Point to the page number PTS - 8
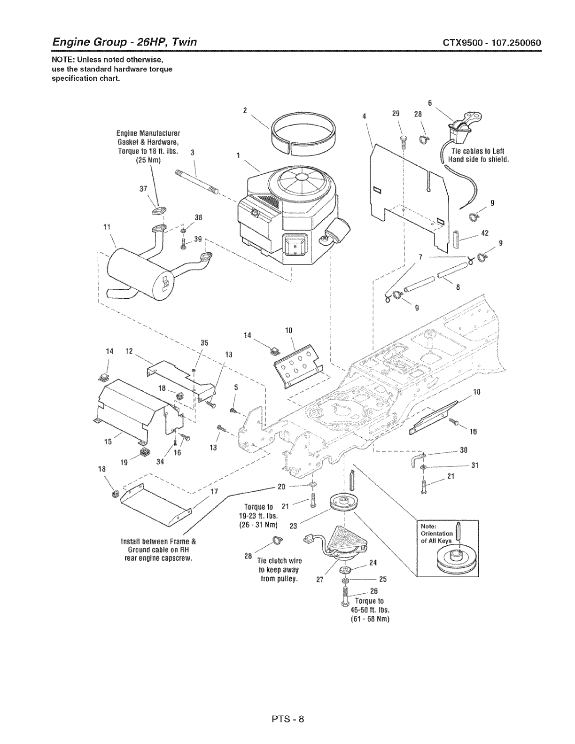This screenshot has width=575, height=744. (287, 719)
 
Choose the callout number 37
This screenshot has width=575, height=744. (144, 188)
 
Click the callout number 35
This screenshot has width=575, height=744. (204, 342)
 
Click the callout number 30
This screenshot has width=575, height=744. (463, 449)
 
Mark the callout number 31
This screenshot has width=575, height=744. (474, 465)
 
